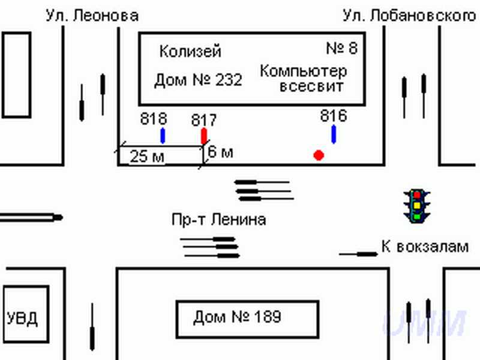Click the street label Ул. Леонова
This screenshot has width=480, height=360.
click(x=92, y=16)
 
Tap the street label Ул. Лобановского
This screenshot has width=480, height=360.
click(x=409, y=16)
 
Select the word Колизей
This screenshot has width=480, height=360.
click(x=190, y=51)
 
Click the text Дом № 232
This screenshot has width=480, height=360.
click(x=198, y=80)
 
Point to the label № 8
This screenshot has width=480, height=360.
click(x=342, y=48)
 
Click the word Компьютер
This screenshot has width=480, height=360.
click(x=303, y=71)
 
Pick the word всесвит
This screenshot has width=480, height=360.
click(x=311, y=86)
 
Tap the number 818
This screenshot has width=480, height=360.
click(x=154, y=119)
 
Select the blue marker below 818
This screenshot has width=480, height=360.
click(x=163, y=136)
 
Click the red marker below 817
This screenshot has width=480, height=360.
click(x=204, y=136)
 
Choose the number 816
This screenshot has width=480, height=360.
click(x=334, y=116)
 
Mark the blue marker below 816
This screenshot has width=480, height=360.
click(x=334, y=134)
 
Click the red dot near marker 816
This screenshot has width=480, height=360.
click(x=319, y=155)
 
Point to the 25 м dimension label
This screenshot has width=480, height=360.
click(x=147, y=157)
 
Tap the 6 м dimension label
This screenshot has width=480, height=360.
click(x=220, y=152)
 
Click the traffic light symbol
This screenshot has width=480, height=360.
click(x=416, y=206)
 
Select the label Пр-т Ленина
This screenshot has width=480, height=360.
click(x=218, y=220)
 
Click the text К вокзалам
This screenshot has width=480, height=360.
click(x=425, y=247)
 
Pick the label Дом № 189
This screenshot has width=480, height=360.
click(x=237, y=317)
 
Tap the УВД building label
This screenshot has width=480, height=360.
click(x=22, y=319)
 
